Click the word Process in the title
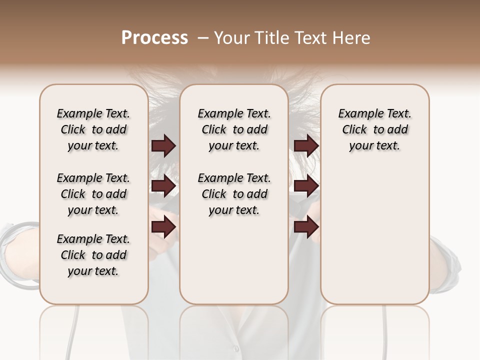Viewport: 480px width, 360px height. click(x=154, y=38)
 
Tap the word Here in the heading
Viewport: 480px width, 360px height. click(x=352, y=38)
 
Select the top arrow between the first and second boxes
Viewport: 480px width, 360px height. click(x=163, y=146)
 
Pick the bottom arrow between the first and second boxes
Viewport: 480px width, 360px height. click(x=163, y=227)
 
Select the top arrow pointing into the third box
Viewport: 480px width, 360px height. click(x=306, y=146)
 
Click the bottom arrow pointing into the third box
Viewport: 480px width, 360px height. click(x=306, y=227)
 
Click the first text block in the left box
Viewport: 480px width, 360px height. click(x=93, y=129)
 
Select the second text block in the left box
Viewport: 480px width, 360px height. click(x=93, y=194)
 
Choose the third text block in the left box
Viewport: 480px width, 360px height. click(x=93, y=255)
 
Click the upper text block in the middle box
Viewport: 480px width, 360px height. click(x=234, y=129)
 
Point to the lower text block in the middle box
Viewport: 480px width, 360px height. click(x=234, y=194)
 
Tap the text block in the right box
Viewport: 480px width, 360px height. click(x=374, y=129)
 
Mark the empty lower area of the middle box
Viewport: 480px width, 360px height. click(x=234, y=260)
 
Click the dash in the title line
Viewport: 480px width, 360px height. click(x=202, y=38)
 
